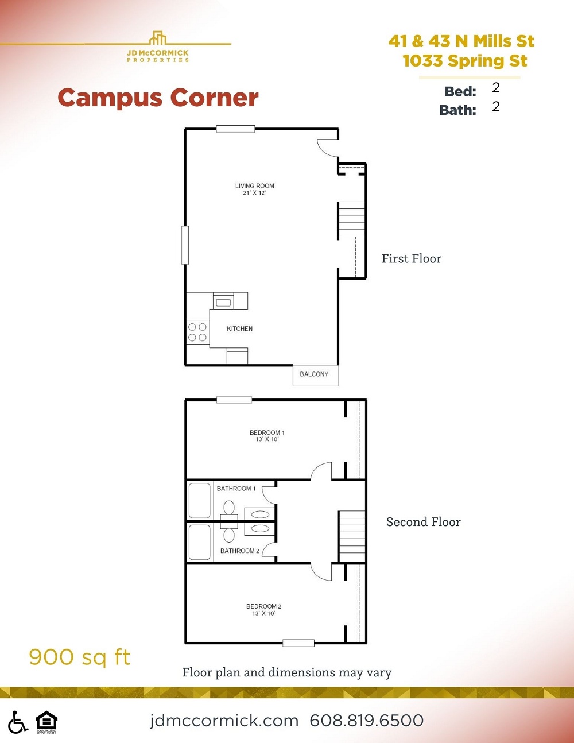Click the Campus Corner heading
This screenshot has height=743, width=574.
(158, 98)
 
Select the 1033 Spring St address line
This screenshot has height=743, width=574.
(464, 61)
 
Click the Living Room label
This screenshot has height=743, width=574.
(254, 189)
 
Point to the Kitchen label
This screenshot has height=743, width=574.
(239, 328)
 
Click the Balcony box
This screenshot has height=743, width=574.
(315, 374)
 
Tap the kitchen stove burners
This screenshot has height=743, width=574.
(197, 332)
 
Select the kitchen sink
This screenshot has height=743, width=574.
(223, 302)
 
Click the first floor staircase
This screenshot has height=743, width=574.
(351, 219)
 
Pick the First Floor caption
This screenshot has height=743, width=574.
(412, 259)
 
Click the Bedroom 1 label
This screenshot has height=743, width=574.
(267, 436)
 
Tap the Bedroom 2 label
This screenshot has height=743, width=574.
(263, 610)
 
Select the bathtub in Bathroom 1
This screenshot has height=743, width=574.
(200, 501)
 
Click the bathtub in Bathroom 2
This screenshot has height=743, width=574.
(200, 541)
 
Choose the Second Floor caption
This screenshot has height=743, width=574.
(423, 522)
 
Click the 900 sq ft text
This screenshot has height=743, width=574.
(80, 657)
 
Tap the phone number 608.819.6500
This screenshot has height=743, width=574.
(366, 721)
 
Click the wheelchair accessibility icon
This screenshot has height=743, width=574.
(18, 722)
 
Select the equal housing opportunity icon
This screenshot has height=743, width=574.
(46, 722)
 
